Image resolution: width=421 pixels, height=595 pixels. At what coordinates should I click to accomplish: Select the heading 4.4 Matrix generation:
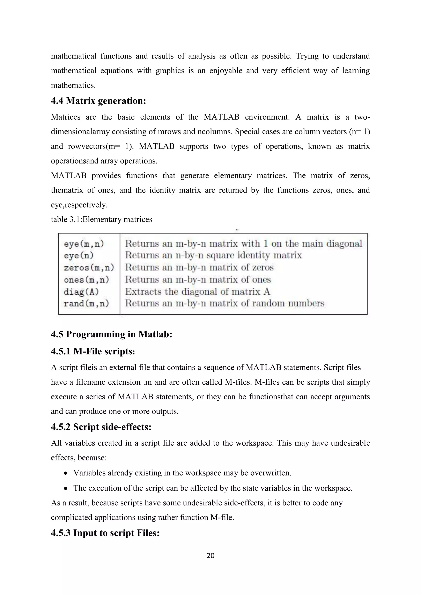(98, 101)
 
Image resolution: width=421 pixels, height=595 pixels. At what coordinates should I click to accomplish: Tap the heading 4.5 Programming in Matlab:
(111, 334)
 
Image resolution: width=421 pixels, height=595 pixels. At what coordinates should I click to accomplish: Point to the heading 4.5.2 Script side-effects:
(101, 427)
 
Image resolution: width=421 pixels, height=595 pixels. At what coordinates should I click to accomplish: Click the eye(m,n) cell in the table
(84, 244)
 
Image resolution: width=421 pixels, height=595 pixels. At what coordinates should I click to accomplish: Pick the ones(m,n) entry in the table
(86, 280)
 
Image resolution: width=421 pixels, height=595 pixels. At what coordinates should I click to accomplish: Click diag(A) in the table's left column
(81, 292)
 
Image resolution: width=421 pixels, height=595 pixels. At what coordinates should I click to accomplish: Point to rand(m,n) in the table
(86, 303)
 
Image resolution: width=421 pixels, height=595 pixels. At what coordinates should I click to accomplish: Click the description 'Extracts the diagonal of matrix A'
(198, 292)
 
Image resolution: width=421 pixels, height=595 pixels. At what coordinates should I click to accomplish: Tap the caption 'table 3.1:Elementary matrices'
(101, 219)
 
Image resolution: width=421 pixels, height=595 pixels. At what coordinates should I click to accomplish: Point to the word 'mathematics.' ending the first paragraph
(73, 85)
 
